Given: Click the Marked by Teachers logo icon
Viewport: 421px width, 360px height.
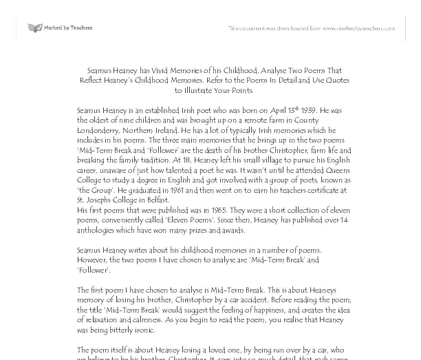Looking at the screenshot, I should pos(34,28).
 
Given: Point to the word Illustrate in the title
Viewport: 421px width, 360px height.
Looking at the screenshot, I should pos(204,89).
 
